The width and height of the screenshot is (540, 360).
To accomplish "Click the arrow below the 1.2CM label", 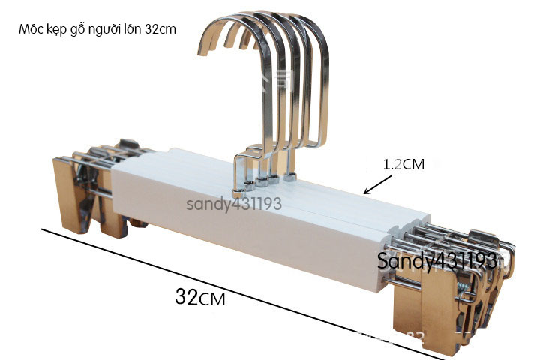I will coord(374,184).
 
